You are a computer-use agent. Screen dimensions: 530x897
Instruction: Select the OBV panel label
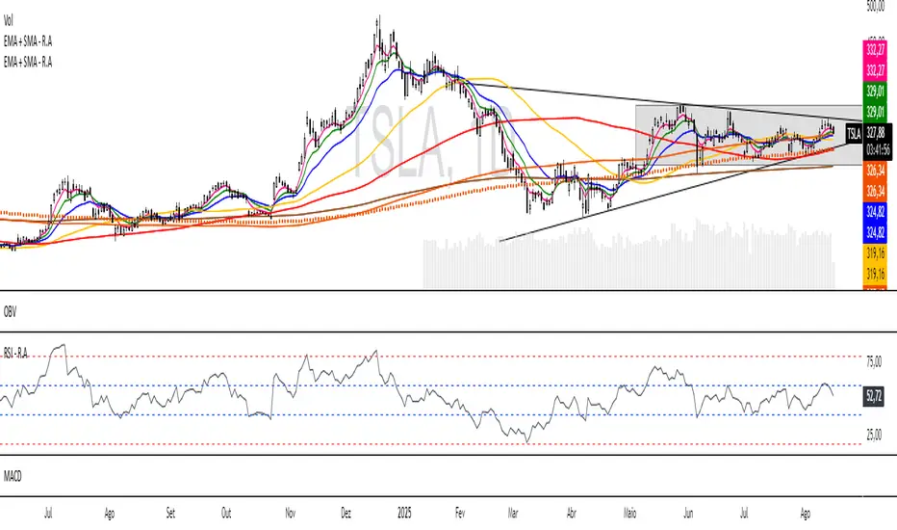coord(11,311)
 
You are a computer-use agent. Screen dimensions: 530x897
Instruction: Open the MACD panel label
coord(13,475)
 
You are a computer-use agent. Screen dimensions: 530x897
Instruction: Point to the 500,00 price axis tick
coord(875,6)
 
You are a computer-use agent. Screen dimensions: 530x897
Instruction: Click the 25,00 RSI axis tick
coord(874,436)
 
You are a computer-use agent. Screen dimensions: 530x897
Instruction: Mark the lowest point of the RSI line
coord(527,442)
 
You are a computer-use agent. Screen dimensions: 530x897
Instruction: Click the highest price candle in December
coord(378,18)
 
